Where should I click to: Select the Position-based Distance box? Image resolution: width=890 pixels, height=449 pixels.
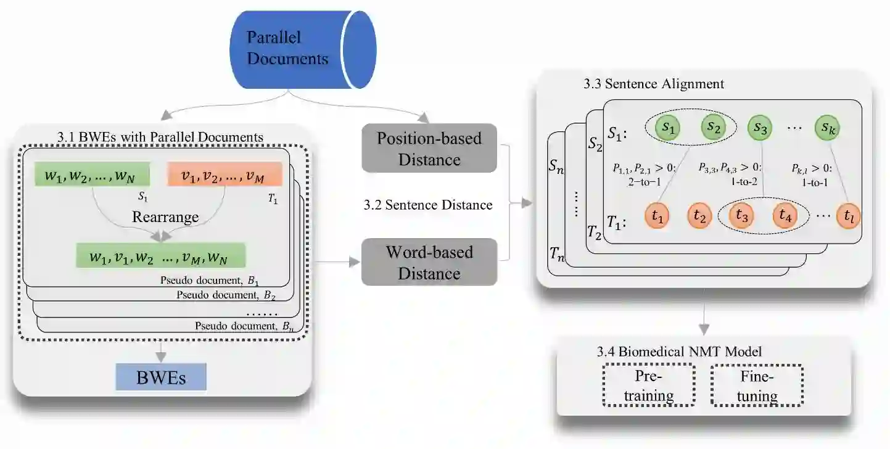click(429, 148)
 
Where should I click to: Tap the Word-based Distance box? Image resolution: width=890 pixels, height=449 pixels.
click(429, 262)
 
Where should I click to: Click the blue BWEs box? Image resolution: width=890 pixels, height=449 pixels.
click(161, 377)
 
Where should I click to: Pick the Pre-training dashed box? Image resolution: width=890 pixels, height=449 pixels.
click(648, 385)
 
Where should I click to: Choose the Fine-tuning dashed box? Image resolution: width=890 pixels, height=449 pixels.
click(757, 385)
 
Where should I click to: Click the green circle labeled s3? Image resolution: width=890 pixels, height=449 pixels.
click(761, 129)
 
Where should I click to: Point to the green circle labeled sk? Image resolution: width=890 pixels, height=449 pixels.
click(828, 128)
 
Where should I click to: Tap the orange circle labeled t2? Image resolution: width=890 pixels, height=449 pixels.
click(699, 216)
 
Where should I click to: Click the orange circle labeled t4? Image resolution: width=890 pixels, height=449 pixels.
click(785, 216)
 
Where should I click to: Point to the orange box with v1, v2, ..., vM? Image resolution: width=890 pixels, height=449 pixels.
click(225, 174)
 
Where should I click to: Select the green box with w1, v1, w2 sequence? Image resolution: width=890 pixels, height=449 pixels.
click(160, 255)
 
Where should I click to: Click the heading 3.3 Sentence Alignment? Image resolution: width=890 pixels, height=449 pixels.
click(654, 84)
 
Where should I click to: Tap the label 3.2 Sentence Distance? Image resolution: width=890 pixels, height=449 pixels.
click(428, 205)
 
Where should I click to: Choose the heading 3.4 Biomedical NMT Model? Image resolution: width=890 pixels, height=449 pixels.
click(679, 352)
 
